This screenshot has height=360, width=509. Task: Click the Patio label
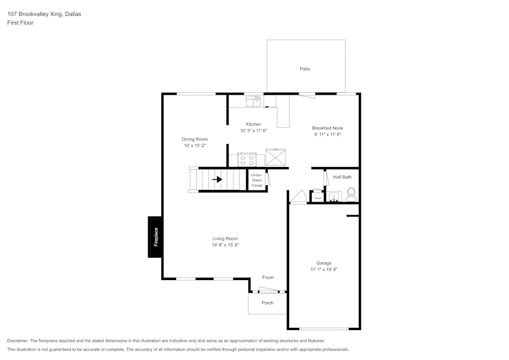click(x=305, y=69)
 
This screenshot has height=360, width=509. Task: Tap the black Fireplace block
click(x=156, y=237)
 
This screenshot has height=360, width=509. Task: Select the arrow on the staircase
click(x=217, y=180)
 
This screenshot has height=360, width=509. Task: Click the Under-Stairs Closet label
click(x=257, y=180)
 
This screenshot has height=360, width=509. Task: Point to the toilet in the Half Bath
click(x=351, y=194)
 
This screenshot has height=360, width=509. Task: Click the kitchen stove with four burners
click(x=247, y=160)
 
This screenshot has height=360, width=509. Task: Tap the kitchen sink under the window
click(x=253, y=101)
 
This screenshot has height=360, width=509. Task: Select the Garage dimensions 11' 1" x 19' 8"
click(x=324, y=269)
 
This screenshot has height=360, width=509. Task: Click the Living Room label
click(x=225, y=238)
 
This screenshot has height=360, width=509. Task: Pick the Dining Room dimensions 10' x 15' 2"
click(x=195, y=146)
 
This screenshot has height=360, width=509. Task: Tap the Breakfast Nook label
click(x=327, y=128)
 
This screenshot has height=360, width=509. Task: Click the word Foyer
click(x=268, y=278)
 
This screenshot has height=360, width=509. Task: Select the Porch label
click(x=268, y=303)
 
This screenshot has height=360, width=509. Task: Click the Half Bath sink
click(x=334, y=197)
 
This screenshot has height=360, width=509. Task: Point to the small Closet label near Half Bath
click(x=318, y=198)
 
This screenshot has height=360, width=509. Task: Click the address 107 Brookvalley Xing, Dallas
click(x=44, y=14)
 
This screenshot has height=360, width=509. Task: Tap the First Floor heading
click(x=20, y=23)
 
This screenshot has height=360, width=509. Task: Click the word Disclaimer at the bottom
click(x=18, y=341)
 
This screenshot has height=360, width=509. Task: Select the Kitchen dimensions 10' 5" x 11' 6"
click(x=253, y=131)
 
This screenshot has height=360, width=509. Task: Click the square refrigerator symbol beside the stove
click(x=275, y=157)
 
